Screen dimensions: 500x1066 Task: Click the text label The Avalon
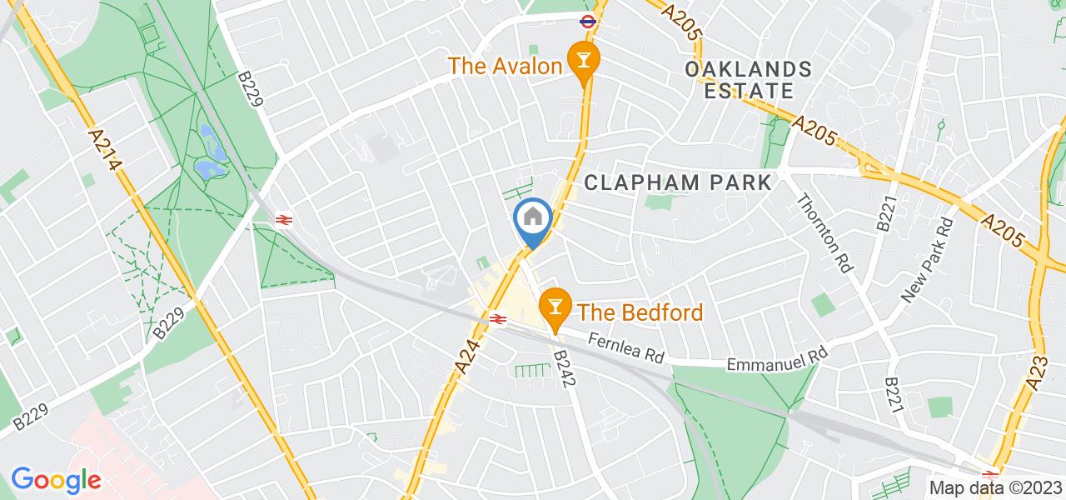coord(504,65)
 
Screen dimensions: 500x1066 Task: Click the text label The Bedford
coord(640,312)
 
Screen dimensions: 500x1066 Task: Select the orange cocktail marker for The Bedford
coord(553,307)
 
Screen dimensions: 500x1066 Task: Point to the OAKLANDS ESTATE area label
coord(746,79)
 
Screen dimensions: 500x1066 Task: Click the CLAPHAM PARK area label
coord(678,182)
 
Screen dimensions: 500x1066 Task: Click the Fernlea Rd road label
coord(625,347)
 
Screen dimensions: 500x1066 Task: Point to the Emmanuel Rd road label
coord(778,358)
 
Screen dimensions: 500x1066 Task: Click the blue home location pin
coord(533,219)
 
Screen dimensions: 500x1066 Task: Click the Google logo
coord(56,480)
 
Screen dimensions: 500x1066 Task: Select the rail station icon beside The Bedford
coord(499,317)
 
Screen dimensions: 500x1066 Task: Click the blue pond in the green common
coord(209,158)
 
